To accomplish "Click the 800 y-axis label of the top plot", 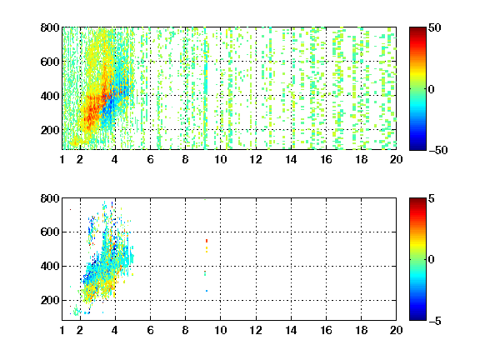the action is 50,27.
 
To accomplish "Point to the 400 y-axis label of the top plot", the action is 50,96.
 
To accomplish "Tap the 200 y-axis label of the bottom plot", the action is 50,300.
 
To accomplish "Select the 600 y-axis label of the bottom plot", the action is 50,232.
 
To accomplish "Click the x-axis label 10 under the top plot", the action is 220,159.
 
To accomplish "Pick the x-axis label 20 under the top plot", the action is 396,159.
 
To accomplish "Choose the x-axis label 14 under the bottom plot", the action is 291,330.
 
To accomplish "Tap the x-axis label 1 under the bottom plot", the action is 62,330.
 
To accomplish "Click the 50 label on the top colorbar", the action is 434,27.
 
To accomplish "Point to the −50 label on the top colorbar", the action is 438,150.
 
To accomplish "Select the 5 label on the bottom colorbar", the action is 432,198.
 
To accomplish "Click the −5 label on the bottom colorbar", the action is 435,321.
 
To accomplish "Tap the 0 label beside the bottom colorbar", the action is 432,260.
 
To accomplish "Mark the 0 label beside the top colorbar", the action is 432,89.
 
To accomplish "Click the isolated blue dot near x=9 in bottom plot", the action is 207,291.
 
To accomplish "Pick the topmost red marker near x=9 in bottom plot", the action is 207,241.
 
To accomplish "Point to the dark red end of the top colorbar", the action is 417,29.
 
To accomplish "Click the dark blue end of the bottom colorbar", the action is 417,318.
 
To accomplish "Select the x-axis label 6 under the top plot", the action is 150,159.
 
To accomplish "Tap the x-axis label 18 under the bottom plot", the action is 361,330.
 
